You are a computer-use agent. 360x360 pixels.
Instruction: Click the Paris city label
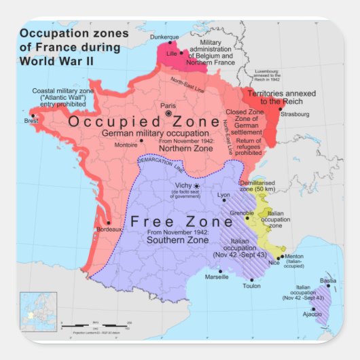pos(167,105)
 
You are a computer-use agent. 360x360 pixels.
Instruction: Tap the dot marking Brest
pos(32,115)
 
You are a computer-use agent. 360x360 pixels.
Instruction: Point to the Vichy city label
pos(183,185)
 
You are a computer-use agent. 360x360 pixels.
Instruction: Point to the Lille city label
pos(171,53)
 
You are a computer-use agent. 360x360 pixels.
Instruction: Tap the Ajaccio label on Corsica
pos(312,314)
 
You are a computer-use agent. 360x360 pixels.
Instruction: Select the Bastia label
pos(328,281)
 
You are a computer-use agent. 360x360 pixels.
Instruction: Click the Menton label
pos(293,256)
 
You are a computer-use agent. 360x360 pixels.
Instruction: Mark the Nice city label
pos(274,262)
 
